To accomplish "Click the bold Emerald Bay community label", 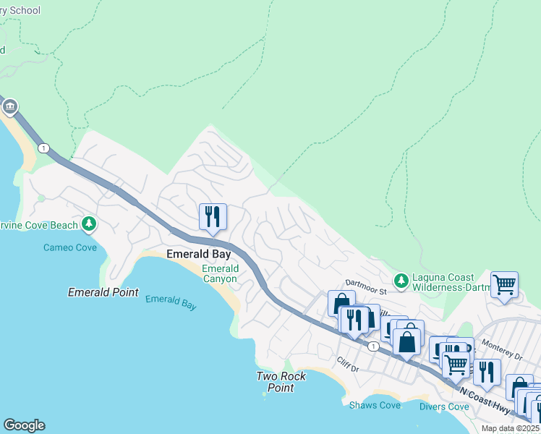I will pyautogui.click(x=199, y=255).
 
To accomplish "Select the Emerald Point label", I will pyautogui.click(x=103, y=292).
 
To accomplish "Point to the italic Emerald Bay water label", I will pyautogui.click(x=171, y=302).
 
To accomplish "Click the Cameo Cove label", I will pyautogui.click(x=69, y=247).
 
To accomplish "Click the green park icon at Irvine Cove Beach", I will pyautogui.click(x=89, y=224).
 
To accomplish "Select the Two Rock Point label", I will pyautogui.click(x=281, y=382).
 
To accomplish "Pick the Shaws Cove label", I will pyautogui.click(x=375, y=405).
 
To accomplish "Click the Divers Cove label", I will pyautogui.click(x=444, y=407).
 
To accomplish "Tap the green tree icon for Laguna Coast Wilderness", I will pyautogui.click(x=400, y=279).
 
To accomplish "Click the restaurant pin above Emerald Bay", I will pyautogui.click(x=213, y=216).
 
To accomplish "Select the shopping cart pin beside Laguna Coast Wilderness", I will pyautogui.click(x=503, y=284).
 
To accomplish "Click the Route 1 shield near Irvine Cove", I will pyautogui.click(x=44, y=148).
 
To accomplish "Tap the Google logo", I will pyautogui.click(x=24, y=425).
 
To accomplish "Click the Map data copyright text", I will pyautogui.click(x=511, y=428).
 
